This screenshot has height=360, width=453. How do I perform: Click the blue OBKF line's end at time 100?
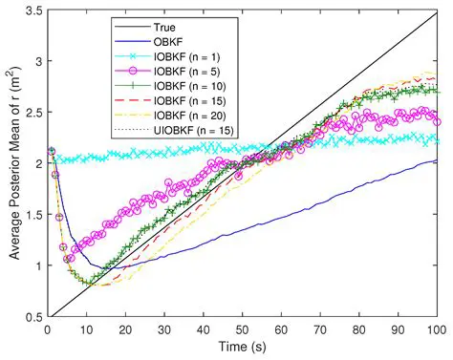(x=437, y=161)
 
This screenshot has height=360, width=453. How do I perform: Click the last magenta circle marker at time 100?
(x=437, y=121)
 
